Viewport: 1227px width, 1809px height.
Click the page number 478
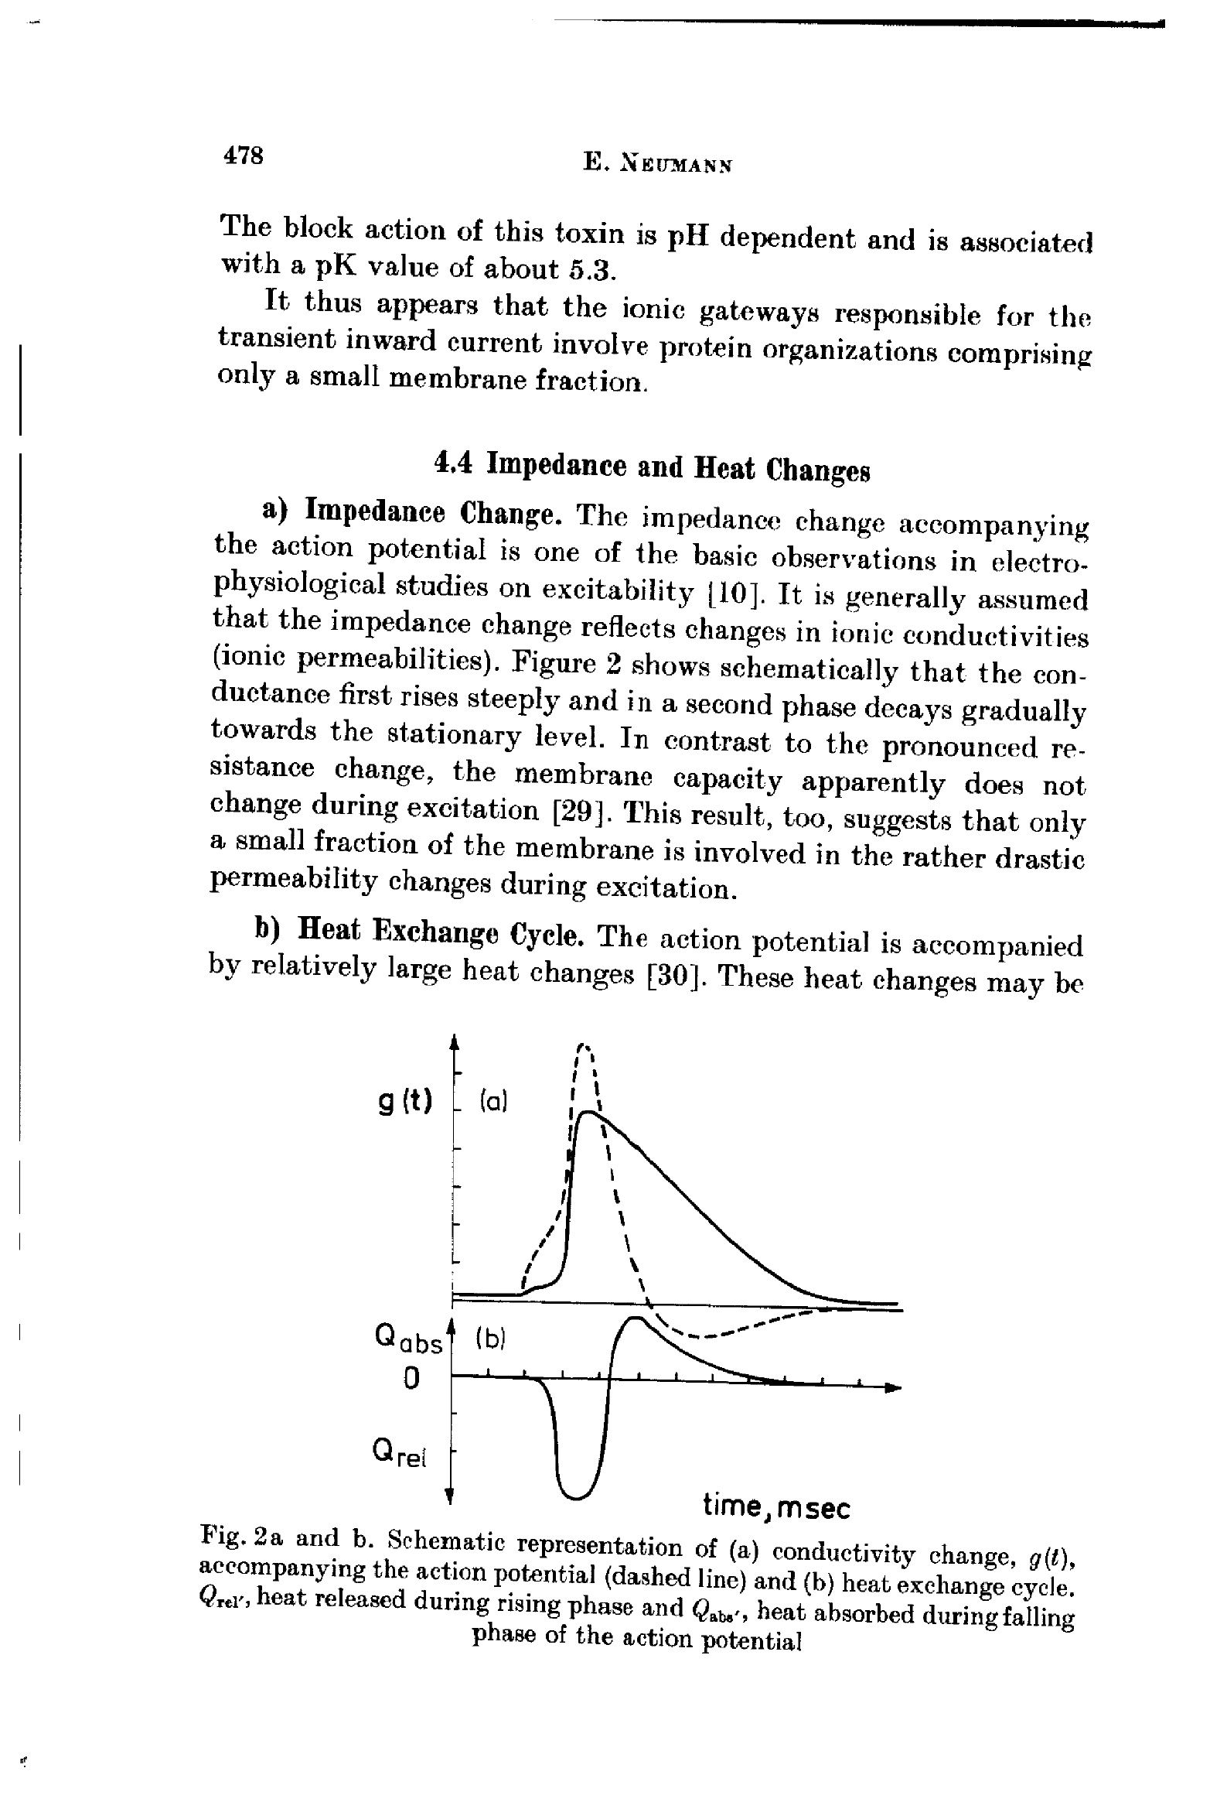tap(244, 156)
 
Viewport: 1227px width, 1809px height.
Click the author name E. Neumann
tap(657, 164)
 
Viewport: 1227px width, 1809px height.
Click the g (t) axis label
tap(405, 1103)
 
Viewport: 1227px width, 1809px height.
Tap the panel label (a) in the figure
tap(493, 1103)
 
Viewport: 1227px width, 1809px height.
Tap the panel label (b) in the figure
tap(490, 1339)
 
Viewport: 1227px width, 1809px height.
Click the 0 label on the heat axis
tap(411, 1379)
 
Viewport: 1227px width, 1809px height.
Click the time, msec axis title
tap(775, 1508)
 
